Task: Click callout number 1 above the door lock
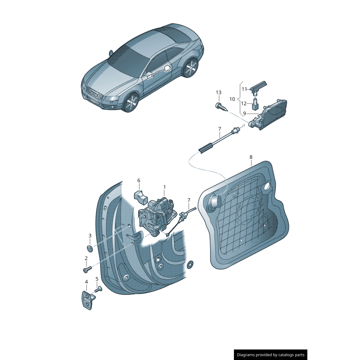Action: coord(164,187)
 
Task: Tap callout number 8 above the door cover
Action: coord(251,157)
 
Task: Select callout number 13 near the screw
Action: coord(218,93)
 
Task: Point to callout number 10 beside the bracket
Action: coord(232,99)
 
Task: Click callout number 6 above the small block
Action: coord(139,181)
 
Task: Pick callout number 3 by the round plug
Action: coord(90,235)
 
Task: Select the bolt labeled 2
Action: coord(87,269)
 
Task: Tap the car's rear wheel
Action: coord(191,68)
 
